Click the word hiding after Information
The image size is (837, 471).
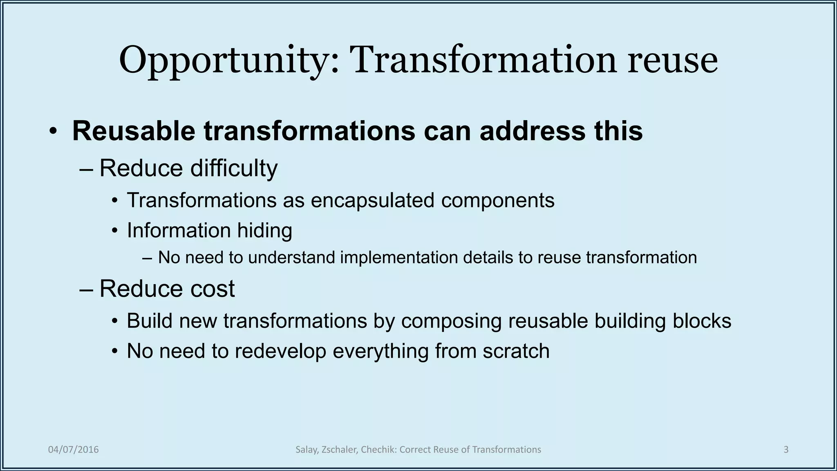259,230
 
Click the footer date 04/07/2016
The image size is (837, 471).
74,450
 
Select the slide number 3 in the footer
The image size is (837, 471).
786,450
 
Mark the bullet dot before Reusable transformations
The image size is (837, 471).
52,132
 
